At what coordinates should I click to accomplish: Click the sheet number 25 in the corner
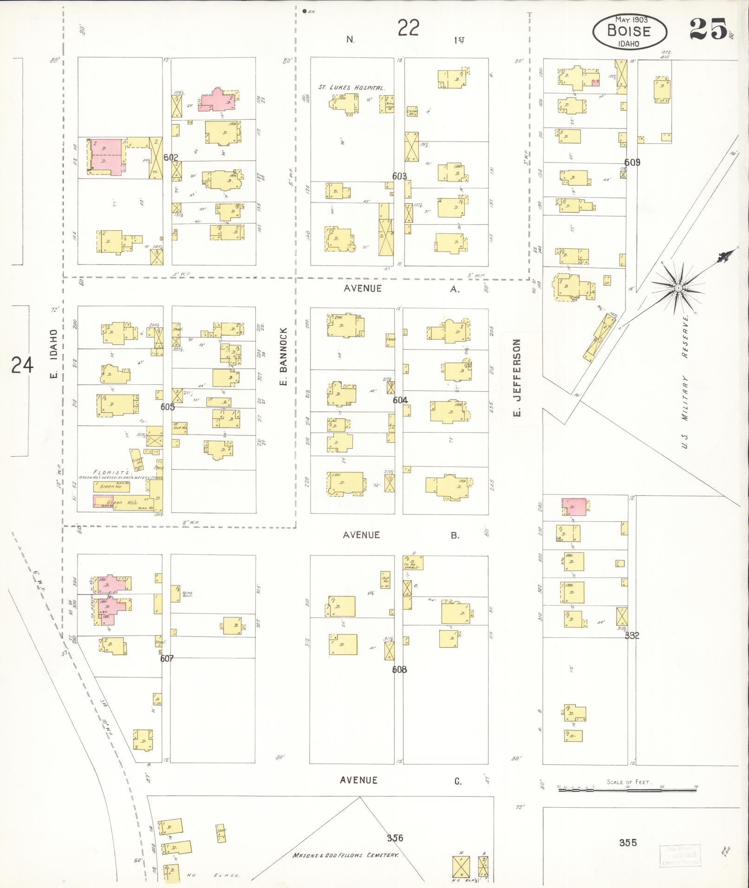tap(708, 29)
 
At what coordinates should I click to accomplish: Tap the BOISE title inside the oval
tap(629, 31)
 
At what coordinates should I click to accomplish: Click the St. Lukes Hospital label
tap(351, 87)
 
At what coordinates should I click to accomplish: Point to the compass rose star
tap(678, 288)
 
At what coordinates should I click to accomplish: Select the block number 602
tap(171, 157)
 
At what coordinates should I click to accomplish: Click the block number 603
tap(399, 176)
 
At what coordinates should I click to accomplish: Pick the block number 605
tap(167, 407)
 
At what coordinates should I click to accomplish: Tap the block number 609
tap(632, 162)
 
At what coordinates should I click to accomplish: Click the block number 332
tap(632, 635)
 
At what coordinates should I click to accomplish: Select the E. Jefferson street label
tap(518, 377)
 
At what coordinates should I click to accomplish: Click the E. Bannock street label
tap(284, 356)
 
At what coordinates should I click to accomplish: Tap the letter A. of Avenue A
tap(455, 289)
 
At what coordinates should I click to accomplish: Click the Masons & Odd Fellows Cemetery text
tap(345, 855)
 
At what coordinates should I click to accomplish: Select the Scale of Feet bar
tap(627, 788)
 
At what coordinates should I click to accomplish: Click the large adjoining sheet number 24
tap(22, 365)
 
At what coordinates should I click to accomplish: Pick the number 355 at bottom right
tap(627, 843)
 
